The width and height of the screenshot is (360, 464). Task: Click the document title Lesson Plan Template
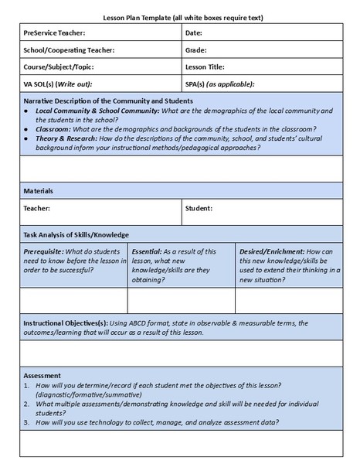[180, 16]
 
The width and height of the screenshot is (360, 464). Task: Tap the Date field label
[194, 33]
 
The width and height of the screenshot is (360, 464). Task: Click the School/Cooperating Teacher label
[69, 50]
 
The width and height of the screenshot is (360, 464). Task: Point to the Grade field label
[196, 50]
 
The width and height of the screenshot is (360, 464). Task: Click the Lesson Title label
[205, 67]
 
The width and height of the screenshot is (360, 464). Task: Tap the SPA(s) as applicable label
[219, 84]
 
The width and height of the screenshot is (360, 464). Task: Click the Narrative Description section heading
[108, 101]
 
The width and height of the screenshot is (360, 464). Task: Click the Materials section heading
[39, 190]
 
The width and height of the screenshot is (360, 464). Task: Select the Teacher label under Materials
[37, 209]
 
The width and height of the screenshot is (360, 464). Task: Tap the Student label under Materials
[199, 209]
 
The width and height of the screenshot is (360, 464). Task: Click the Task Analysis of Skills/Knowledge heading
[76, 234]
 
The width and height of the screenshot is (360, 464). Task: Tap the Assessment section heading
[43, 375]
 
